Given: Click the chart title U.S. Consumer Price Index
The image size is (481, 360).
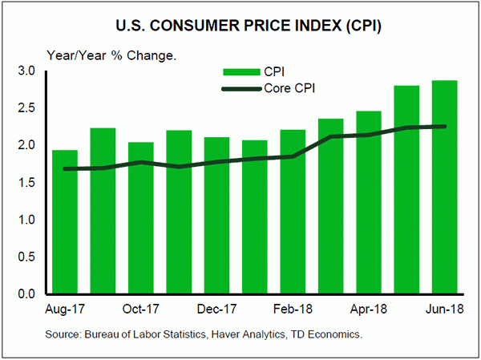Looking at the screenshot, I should click(x=240, y=25).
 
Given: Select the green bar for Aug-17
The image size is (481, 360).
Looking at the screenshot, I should click(x=65, y=222).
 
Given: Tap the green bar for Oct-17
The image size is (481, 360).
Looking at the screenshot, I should click(x=141, y=218).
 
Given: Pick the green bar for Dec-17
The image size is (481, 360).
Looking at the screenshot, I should click(x=216, y=216).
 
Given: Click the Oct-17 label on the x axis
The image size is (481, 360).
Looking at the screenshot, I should click(x=140, y=309).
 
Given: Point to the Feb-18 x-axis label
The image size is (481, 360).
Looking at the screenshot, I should click(x=293, y=309).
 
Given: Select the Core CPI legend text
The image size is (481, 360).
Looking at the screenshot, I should click(x=289, y=88).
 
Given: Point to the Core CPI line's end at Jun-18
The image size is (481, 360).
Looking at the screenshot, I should click(x=445, y=126).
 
